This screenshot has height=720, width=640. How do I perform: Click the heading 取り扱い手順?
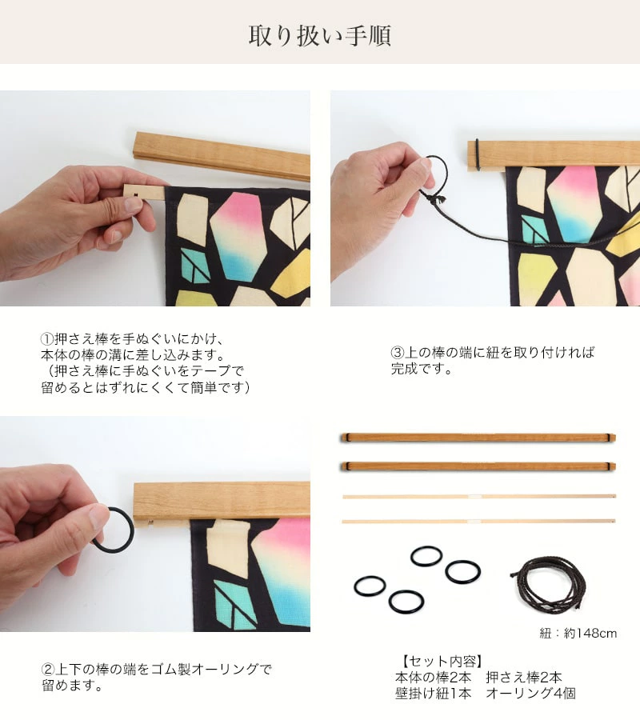pyautogui.click(x=319, y=36)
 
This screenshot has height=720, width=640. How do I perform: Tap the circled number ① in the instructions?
pyautogui.click(x=47, y=339)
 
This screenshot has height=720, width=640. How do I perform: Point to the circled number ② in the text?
pyautogui.click(x=48, y=669)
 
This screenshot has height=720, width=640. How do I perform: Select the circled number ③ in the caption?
pyautogui.click(x=398, y=353)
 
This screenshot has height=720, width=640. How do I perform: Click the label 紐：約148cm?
pyautogui.click(x=578, y=634)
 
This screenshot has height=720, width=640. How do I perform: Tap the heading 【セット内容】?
pyautogui.click(x=442, y=661)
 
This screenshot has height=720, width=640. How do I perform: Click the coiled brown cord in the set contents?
pyautogui.click(x=549, y=582)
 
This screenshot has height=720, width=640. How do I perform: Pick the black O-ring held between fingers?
pyautogui.click(x=114, y=530)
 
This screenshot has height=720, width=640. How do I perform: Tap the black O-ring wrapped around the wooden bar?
pyautogui.click(x=478, y=154)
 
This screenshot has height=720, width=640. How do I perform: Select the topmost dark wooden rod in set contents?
pyautogui.click(x=478, y=438)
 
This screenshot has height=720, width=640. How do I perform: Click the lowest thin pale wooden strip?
pyautogui.click(x=478, y=521)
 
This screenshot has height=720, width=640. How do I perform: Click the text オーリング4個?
pyautogui.click(x=530, y=694)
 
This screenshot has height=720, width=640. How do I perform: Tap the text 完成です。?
pyautogui.click(x=422, y=369)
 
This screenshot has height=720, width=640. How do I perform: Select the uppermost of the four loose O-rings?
pyautogui.click(x=426, y=556)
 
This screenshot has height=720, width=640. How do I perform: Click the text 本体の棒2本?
pyautogui.click(x=433, y=678)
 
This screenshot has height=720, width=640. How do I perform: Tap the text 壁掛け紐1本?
pyautogui.click(x=433, y=694)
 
